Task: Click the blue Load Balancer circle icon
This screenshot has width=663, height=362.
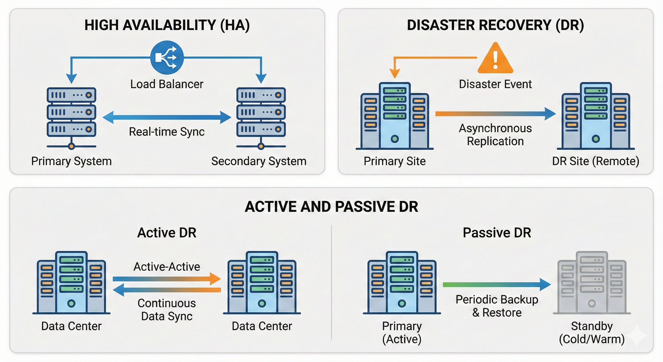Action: pos(167,58)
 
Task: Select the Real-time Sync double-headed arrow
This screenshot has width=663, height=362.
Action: pos(167,118)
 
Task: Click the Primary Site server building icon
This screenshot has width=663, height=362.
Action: pos(395,116)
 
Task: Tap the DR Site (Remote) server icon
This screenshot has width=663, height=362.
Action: pos(596,116)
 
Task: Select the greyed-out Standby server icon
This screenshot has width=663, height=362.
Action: pos(592,283)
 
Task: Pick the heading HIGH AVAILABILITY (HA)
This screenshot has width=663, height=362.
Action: pos(167,25)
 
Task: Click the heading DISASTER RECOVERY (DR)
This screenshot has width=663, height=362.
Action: pos(495,25)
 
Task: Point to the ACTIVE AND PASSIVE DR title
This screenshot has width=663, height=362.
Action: pos(331,207)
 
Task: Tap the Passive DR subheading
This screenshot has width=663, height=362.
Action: pos(497,233)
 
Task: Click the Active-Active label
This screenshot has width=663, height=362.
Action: pos(166,267)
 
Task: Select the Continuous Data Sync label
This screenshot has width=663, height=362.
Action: pos(166,310)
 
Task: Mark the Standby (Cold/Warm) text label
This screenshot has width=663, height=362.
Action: pos(592,333)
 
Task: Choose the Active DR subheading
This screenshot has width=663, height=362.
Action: pos(167,233)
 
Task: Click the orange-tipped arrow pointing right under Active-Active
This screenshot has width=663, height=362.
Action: pos(166,279)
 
